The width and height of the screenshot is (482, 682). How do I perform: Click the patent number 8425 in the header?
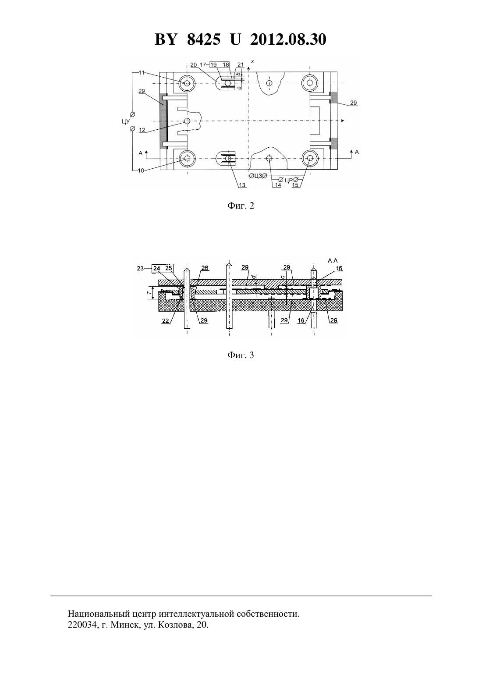[x=203, y=39]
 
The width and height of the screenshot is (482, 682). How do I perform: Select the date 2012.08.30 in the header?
[x=288, y=39]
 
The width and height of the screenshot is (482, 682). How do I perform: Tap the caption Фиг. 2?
[x=241, y=206]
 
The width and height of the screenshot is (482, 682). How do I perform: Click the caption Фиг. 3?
[x=241, y=355]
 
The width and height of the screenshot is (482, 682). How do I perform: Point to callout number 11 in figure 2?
[x=142, y=72]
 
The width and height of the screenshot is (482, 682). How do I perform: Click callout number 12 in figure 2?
[x=142, y=130]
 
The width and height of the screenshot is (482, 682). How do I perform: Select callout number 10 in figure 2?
[x=141, y=170]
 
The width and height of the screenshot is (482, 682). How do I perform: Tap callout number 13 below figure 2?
[x=242, y=185]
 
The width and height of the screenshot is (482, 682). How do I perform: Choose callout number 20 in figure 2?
[x=194, y=64]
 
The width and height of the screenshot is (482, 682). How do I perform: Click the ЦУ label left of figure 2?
[x=126, y=121]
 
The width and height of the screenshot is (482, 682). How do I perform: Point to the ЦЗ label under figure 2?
[x=258, y=176]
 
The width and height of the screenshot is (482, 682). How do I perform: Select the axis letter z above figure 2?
[x=252, y=61]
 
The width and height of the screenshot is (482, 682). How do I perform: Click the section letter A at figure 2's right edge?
[x=357, y=152]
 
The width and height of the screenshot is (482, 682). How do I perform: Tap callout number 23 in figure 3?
[x=140, y=269]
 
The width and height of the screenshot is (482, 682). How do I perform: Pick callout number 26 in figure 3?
[x=205, y=268]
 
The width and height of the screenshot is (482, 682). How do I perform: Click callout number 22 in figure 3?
[x=166, y=320]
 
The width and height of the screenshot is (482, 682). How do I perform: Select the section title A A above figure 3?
[x=333, y=261]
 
